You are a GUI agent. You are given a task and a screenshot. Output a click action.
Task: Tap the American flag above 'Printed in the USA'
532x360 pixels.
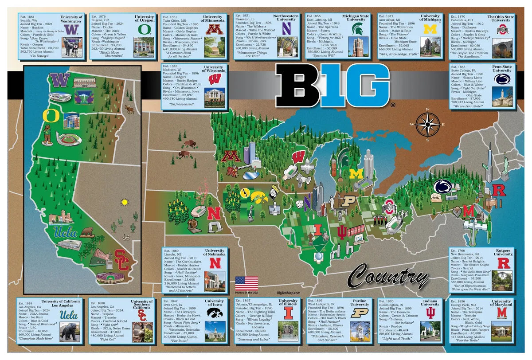click(x=246, y=283)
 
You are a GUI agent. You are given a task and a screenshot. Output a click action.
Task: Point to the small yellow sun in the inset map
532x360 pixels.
click(x=125, y=202)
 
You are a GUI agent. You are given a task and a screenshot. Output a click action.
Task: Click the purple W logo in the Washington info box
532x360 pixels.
click(x=74, y=29)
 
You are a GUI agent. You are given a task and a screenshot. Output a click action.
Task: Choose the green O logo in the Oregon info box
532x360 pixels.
click(x=145, y=29)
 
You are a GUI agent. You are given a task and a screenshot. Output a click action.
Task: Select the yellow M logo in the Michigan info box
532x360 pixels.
click(x=430, y=29)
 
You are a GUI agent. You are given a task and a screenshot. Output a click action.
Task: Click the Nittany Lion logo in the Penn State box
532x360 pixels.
click(x=502, y=79)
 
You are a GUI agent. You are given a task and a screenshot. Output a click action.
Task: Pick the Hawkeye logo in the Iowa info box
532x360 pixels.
click(x=215, y=313)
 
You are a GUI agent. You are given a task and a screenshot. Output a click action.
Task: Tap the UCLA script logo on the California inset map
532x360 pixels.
click(x=65, y=232)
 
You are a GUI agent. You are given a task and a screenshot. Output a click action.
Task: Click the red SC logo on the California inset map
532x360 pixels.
click(x=122, y=260)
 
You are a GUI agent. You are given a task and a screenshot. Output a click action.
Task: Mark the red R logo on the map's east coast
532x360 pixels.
click(x=499, y=191)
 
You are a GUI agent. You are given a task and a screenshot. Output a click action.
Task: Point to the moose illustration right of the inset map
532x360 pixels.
click(x=130, y=109)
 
